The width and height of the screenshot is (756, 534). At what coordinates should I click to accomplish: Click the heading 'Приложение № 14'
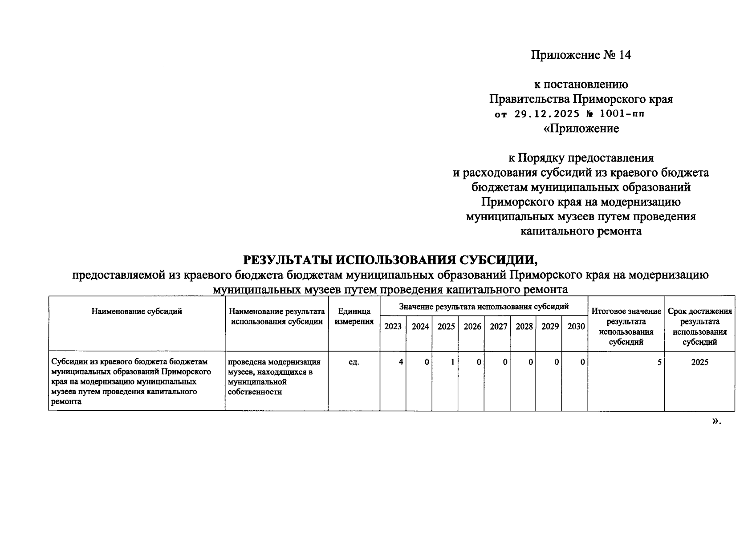(581, 55)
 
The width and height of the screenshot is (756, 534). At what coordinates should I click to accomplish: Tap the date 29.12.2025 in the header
(547, 114)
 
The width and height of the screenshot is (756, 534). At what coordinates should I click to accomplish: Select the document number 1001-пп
(622, 114)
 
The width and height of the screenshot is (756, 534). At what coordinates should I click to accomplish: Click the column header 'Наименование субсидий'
(137, 311)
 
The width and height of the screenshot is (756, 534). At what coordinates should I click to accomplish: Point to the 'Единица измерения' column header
(354, 317)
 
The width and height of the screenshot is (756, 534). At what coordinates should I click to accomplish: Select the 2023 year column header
(393, 327)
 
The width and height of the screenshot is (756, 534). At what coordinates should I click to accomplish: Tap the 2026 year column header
(472, 327)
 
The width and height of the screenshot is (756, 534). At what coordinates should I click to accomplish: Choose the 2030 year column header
(576, 327)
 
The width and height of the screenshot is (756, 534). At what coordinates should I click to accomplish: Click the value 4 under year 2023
(401, 362)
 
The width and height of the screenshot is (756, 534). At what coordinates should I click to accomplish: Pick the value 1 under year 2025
(452, 362)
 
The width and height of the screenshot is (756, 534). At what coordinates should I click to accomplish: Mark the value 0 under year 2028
(531, 362)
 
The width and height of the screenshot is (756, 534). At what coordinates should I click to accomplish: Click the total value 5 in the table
(659, 362)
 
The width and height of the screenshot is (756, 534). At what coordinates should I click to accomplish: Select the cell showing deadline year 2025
(699, 362)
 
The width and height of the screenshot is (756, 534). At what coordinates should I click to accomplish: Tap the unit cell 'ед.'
(354, 362)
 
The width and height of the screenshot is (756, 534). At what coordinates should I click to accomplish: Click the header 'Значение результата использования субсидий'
(484, 307)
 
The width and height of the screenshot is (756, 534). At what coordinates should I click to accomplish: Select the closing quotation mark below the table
(715, 421)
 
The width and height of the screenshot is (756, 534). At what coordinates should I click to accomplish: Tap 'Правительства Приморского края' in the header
(581, 99)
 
